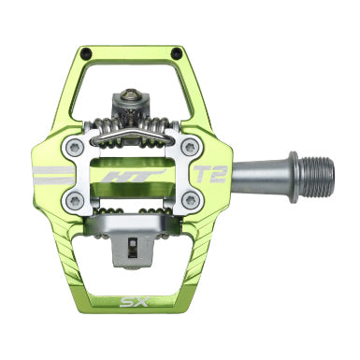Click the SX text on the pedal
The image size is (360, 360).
pos(130,302)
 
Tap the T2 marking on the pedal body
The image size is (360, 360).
pos(210,174)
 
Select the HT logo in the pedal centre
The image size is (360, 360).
pos(134,176)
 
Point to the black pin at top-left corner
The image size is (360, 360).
pos(84,52)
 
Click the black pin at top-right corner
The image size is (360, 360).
pos(178,51)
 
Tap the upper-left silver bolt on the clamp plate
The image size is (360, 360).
pos(75,147)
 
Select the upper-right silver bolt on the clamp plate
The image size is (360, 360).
pos(190,147)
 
